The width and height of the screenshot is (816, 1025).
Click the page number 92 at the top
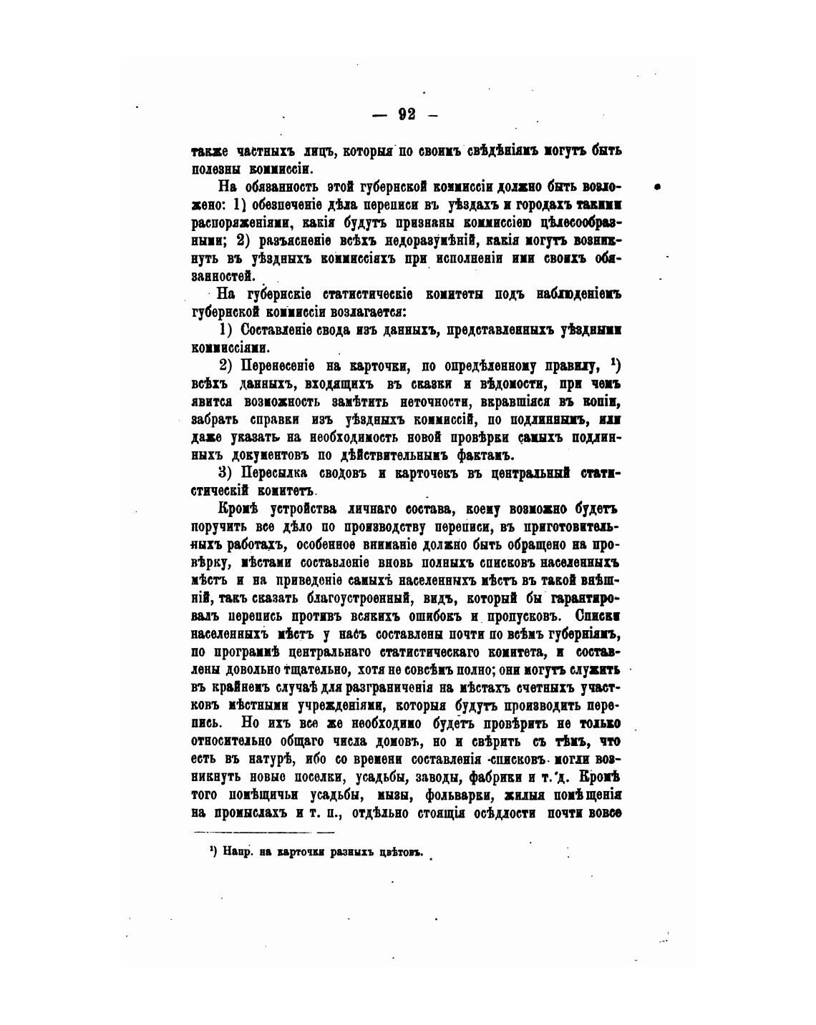coord(407,114)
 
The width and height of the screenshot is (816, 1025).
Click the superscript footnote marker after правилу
coord(614,362)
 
